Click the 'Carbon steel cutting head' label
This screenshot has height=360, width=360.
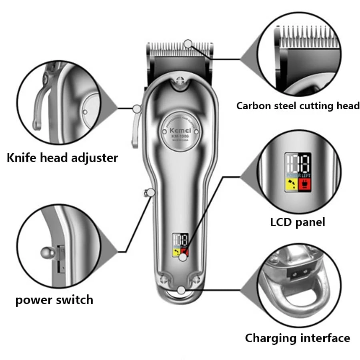click(x=298, y=106)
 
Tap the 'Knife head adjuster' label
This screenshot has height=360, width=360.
click(x=62, y=158)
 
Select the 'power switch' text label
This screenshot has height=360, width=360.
click(x=54, y=300)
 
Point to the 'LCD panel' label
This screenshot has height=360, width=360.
click(x=298, y=222)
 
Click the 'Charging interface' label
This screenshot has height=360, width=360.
click(x=298, y=338)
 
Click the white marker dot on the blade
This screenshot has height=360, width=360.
click(x=188, y=44)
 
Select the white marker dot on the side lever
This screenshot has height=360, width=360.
click(x=137, y=108)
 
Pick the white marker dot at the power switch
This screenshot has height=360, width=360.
click(x=150, y=193)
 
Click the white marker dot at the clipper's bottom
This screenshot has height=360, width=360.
click(x=181, y=290)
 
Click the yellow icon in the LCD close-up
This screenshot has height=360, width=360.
click(x=291, y=185)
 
